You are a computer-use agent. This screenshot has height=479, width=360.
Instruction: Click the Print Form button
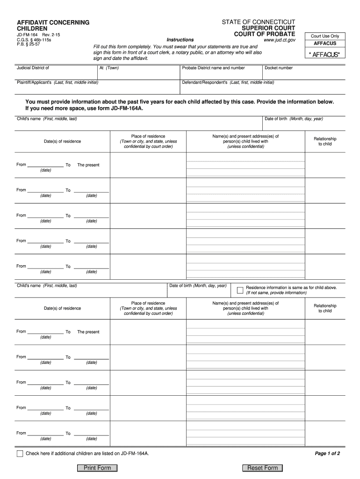(x=97, y=468)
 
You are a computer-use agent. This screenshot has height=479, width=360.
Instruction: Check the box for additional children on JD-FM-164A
(x=20, y=454)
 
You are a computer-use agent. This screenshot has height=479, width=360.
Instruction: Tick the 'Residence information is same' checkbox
(x=240, y=290)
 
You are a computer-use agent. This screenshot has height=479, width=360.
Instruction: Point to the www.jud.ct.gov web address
(x=280, y=40)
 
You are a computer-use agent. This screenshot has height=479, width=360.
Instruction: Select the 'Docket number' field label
(x=279, y=68)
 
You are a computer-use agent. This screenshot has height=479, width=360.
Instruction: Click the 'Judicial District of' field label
(x=33, y=68)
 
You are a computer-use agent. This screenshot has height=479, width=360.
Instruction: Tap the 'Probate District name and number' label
(x=214, y=68)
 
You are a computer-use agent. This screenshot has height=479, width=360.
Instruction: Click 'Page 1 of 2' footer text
(x=327, y=454)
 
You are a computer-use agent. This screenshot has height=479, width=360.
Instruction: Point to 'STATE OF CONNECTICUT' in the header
(x=259, y=22)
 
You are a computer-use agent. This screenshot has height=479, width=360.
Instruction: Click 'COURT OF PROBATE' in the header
(x=265, y=34)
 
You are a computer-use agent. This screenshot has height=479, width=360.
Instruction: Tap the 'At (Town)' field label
(x=109, y=68)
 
